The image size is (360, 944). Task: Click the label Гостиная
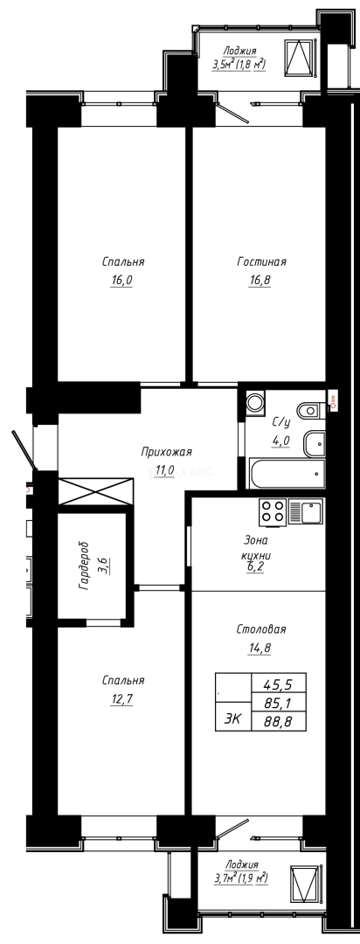[261, 261]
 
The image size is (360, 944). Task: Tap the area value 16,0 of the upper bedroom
[121, 281]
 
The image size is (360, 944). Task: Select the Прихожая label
[165, 452]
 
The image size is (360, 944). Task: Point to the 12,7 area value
[121, 698]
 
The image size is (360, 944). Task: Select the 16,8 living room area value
[261, 281]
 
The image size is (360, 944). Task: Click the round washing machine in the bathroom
[255, 402]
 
